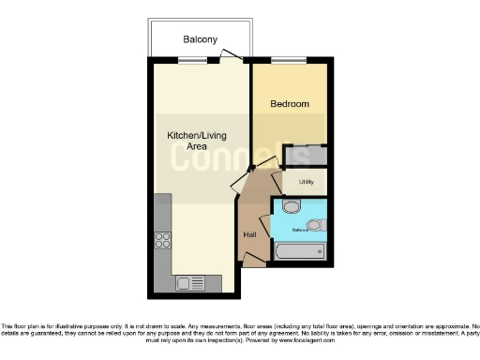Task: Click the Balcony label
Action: pos(199,39)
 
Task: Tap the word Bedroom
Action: pos(290,104)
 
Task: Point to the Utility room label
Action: pos(306,182)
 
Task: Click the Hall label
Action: pos(249,233)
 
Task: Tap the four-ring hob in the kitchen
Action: pos(161,239)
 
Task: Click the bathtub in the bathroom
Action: pos(299,251)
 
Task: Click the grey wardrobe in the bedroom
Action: pos(307,157)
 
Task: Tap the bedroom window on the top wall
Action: pos(282,61)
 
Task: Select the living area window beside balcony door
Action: pos(193,61)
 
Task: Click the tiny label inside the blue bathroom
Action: pos(299,228)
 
